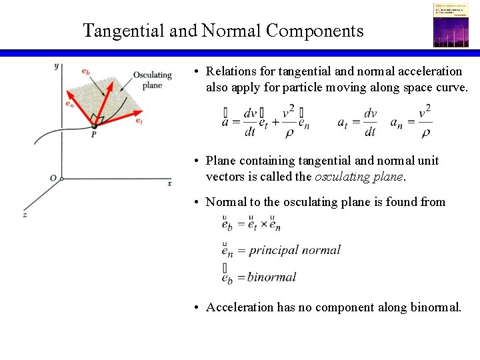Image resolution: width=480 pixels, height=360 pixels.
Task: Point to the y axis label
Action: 57,65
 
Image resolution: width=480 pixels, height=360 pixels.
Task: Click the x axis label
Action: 170,183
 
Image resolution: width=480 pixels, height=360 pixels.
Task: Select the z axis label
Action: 25,215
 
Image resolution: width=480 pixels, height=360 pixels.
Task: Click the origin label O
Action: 53,178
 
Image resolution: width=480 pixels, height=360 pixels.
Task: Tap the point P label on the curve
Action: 94,134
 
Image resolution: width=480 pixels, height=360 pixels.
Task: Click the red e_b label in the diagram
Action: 87,71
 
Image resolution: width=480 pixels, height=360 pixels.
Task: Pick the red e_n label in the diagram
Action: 70,104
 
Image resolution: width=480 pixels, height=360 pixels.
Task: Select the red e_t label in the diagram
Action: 139,121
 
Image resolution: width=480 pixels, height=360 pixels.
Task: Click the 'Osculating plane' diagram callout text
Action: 153,80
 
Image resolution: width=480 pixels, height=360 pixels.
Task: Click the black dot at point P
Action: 94,125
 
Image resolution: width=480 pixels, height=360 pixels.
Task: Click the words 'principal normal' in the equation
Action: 294,250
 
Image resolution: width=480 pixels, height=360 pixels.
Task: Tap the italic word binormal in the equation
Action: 271,277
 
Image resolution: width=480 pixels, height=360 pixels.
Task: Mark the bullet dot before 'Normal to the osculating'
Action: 197,202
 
